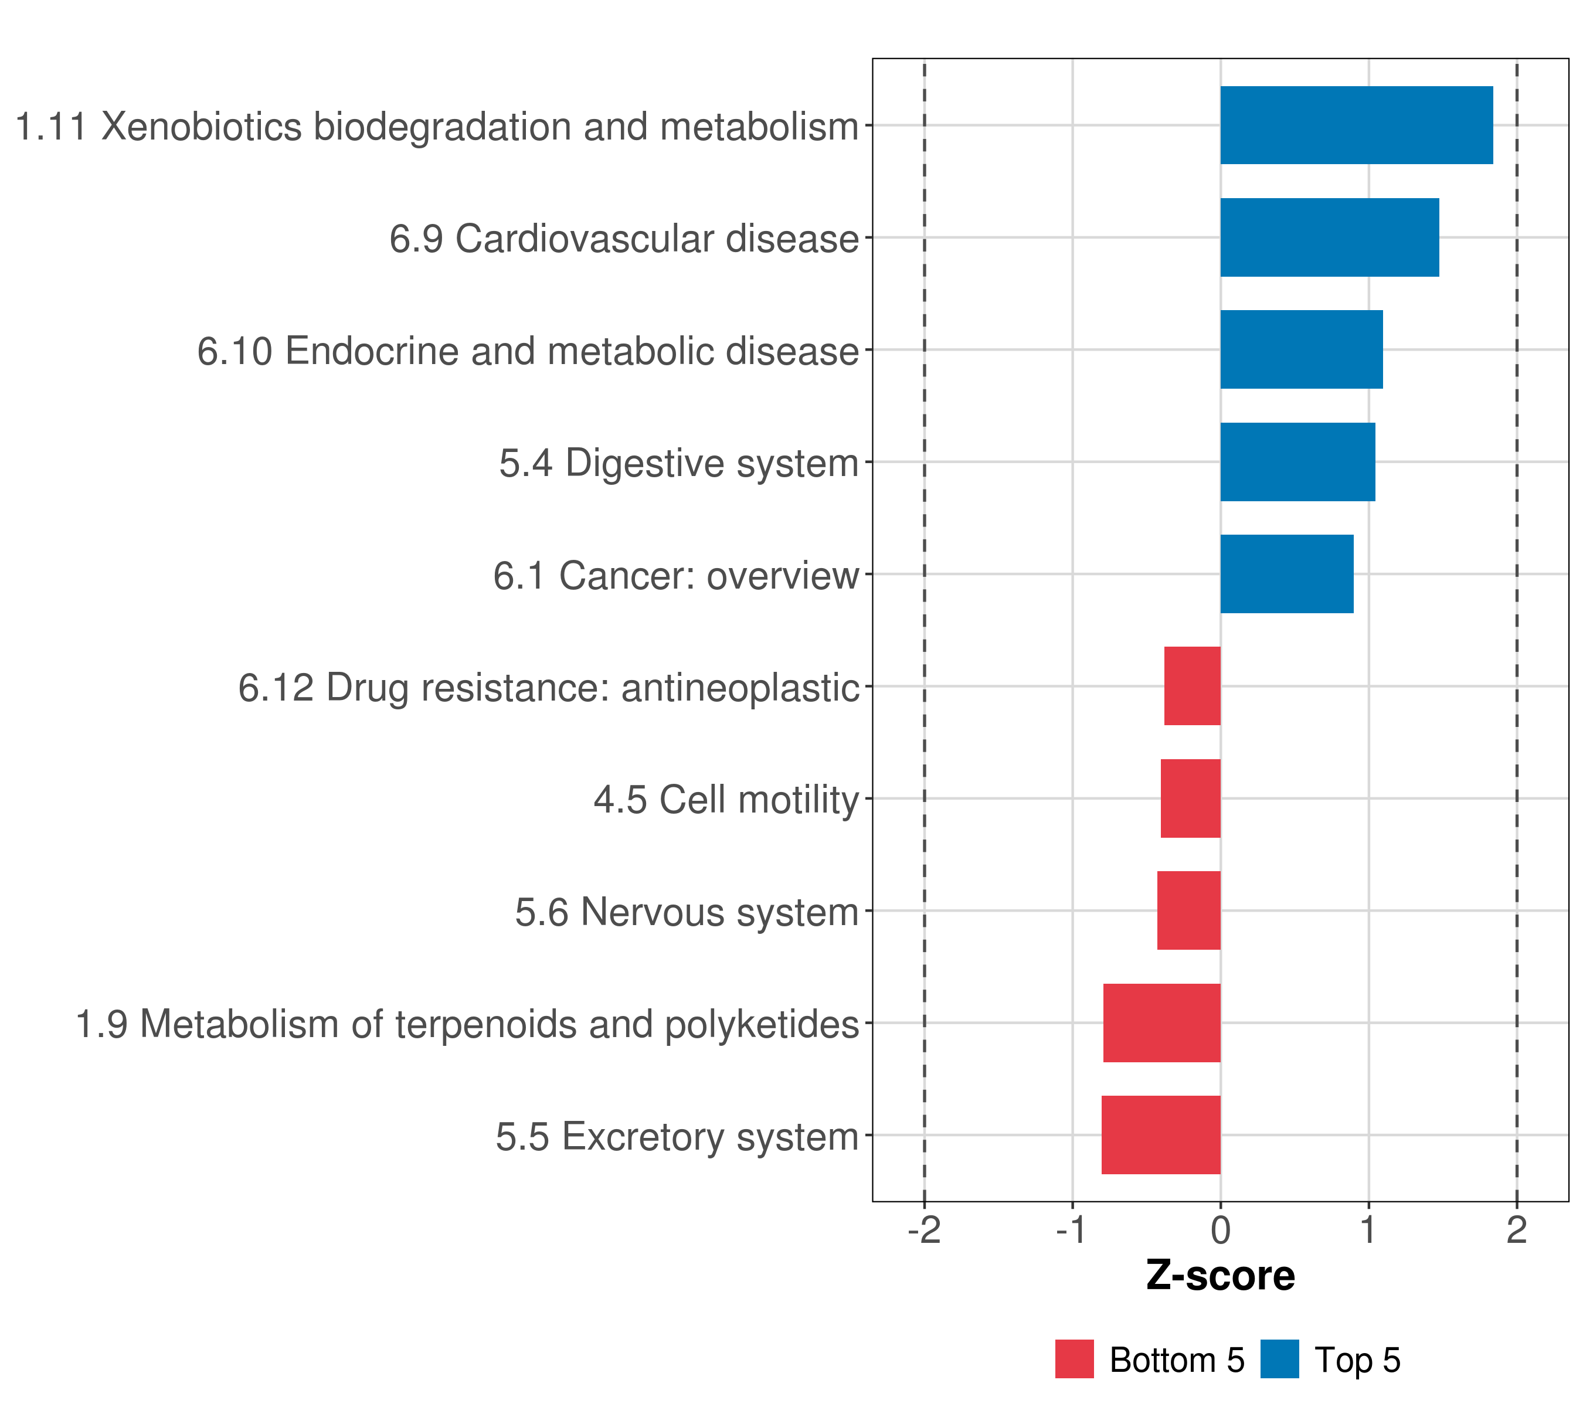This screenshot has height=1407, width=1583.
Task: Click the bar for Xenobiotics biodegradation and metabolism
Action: point(1356,125)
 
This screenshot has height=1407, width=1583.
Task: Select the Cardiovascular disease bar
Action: point(1329,238)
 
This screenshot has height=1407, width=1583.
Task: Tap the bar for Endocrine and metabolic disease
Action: point(1301,349)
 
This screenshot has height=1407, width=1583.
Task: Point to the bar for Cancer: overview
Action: point(1286,574)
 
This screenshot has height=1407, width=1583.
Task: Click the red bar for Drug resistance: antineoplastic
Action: point(1192,686)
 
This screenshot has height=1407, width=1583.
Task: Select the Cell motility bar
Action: point(1190,798)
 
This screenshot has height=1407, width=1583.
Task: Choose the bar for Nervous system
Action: point(1189,910)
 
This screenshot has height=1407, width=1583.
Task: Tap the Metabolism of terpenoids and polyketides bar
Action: point(1161,1023)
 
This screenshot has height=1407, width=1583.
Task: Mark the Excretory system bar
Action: point(1161,1135)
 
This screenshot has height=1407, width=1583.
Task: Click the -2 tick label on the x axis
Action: point(924,1231)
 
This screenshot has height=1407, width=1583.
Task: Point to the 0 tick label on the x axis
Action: point(1221,1231)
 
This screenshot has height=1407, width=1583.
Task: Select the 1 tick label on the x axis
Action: point(1368,1231)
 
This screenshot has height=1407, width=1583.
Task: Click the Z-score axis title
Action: point(1221,1276)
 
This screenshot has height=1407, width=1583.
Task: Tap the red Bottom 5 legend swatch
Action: point(1074,1359)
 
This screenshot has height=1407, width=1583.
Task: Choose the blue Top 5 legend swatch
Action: point(1279,1359)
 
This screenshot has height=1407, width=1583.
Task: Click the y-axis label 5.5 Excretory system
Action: point(678,1137)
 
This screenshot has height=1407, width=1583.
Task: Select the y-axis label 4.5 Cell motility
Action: point(726,800)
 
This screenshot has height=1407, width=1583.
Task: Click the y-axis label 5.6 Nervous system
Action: point(687,912)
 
